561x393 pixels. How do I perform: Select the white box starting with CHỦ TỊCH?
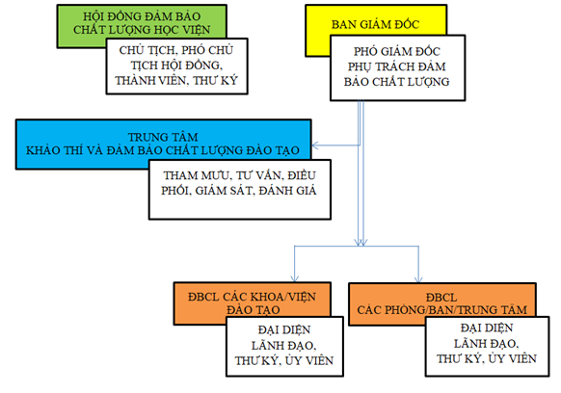tap(176, 66)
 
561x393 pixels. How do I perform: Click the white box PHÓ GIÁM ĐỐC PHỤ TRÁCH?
tap(397, 67)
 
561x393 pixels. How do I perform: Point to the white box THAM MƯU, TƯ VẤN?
tap(240, 189)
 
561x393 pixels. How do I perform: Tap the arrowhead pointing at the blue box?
tap(315, 145)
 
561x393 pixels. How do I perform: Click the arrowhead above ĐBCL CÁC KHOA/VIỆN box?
tap(294, 278)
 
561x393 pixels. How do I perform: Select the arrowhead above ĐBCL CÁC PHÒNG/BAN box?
tap(418, 278)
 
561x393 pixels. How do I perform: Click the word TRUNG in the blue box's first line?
tap(143, 137)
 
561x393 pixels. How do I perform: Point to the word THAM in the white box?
tap(177, 175)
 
